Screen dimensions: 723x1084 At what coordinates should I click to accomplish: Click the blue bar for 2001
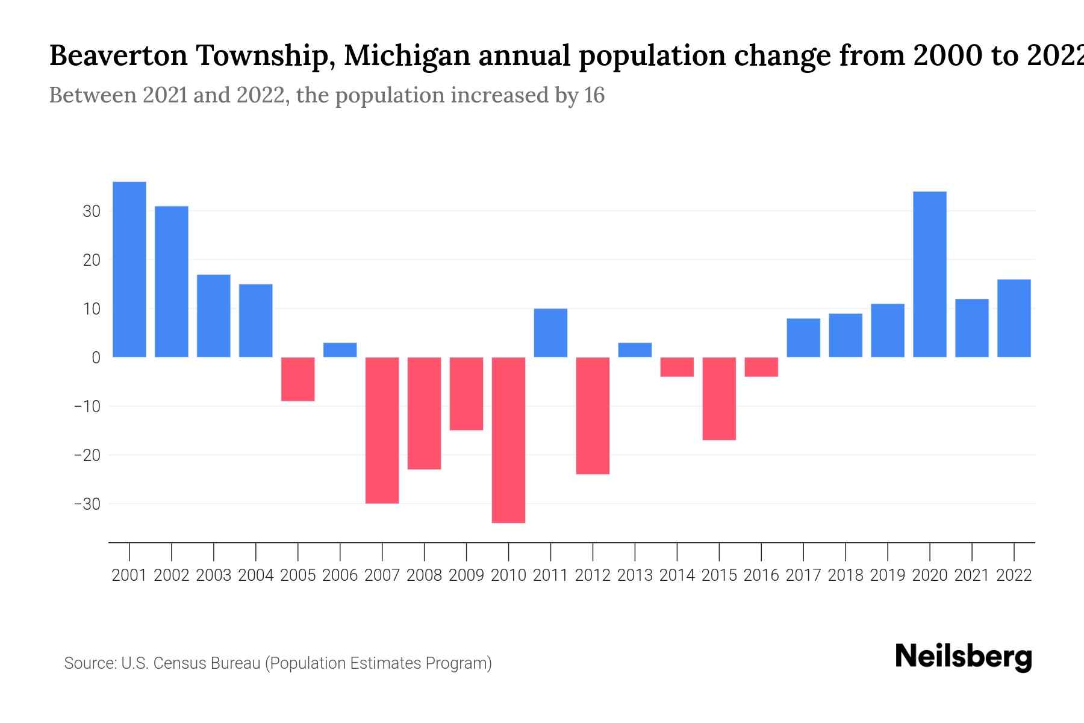tap(129, 269)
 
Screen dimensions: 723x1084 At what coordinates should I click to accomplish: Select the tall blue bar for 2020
tap(930, 274)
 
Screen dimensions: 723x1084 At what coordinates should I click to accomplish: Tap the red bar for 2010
tap(508, 440)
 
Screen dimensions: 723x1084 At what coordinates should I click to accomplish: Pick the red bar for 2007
tap(382, 430)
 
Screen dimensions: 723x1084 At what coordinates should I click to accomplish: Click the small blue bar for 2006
tap(340, 350)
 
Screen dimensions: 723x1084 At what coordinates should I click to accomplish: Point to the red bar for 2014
tap(677, 367)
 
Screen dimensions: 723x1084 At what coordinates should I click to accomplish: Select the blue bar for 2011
tap(550, 333)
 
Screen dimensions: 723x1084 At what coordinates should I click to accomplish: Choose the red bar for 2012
tap(593, 416)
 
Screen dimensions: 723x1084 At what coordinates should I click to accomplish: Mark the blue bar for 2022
tap(1014, 318)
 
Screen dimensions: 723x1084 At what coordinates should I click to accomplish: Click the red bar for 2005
tap(297, 379)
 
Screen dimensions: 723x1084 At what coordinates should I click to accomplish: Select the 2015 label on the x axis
tap(719, 575)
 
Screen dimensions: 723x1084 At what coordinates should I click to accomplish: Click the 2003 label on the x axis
tap(214, 575)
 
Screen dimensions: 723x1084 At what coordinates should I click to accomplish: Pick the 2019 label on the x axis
tap(888, 575)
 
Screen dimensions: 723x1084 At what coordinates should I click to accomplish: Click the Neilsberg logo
tap(964, 657)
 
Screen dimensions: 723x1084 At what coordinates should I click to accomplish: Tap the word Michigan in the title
tap(408, 56)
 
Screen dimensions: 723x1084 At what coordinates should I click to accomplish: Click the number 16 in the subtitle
tap(594, 95)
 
